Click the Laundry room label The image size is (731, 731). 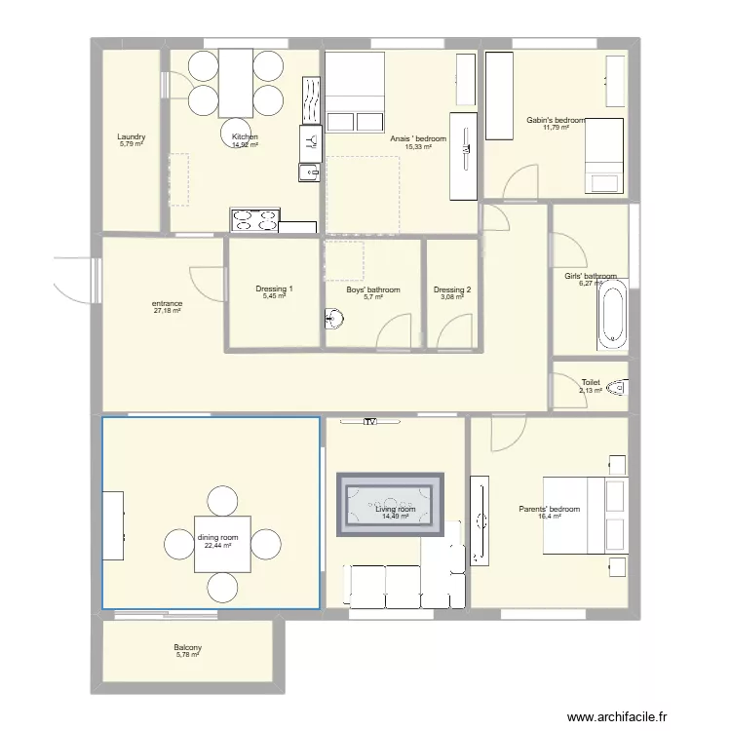131,137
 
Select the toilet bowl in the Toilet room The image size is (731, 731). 616,389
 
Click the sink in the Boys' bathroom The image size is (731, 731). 334,318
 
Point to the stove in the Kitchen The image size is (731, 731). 254,220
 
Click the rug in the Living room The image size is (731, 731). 390,503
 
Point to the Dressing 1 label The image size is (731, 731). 274,289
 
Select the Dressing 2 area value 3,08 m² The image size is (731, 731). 452,297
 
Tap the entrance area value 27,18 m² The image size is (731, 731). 167,312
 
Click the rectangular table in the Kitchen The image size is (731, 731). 236,81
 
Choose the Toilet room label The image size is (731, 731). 591,383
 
